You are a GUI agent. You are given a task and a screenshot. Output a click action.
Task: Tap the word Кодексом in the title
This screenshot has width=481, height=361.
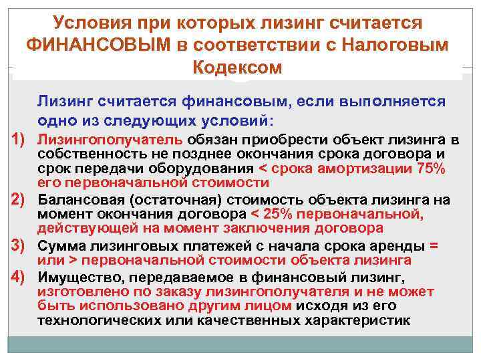click(x=237, y=68)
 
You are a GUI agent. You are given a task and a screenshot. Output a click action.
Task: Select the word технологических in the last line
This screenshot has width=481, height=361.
click(x=96, y=321)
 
